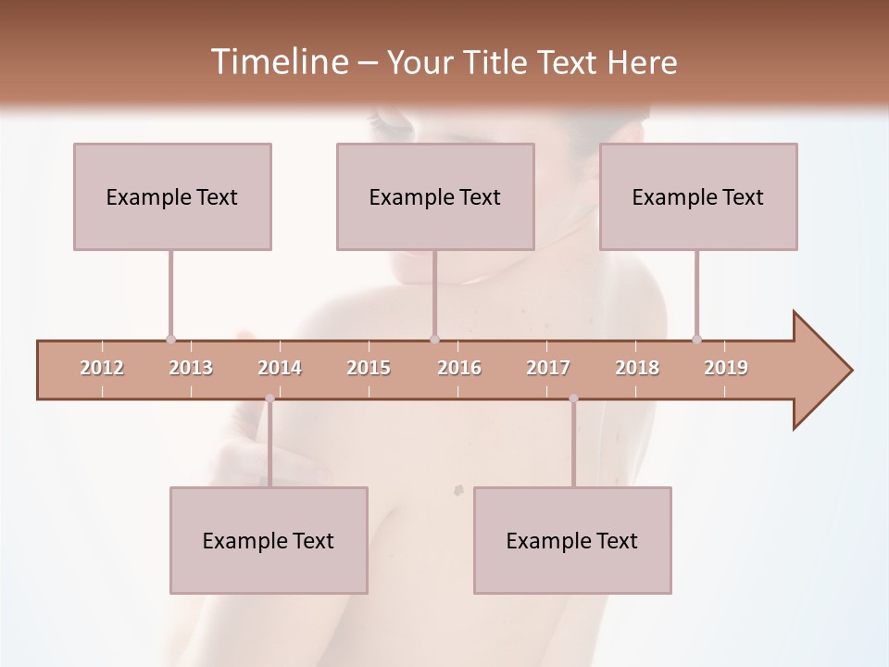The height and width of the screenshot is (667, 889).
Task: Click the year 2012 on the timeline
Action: pyautogui.click(x=102, y=368)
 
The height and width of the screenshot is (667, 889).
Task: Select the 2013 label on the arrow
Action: pyautogui.click(x=191, y=368)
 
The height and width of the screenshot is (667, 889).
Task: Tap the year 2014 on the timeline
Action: pyautogui.click(x=280, y=368)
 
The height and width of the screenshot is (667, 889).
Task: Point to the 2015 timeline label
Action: pyautogui.click(x=369, y=368)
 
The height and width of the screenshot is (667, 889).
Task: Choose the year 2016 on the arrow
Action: pyautogui.click(x=459, y=368)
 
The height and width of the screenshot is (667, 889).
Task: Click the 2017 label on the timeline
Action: pyautogui.click(x=548, y=368)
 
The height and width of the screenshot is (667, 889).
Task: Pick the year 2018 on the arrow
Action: pyautogui.click(x=637, y=368)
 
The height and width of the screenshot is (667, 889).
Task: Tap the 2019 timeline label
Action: pyautogui.click(x=726, y=368)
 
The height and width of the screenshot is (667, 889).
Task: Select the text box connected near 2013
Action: pyautogui.click(x=172, y=196)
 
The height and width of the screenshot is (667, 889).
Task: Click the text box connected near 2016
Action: pyautogui.click(x=435, y=196)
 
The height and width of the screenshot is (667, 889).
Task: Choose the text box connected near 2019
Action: pyautogui.click(x=698, y=196)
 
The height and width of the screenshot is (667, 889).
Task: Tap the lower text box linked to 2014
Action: pyautogui.click(x=269, y=540)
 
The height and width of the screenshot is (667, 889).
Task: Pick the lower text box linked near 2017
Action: pyautogui.click(x=572, y=540)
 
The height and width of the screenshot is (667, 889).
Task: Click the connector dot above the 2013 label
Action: pyautogui.click(x=170, y=339)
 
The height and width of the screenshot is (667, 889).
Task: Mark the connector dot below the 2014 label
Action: pyautogui.click(x=269, y=398)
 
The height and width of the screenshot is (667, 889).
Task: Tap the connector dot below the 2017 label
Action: pyautogui.click(x=573, y=398)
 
